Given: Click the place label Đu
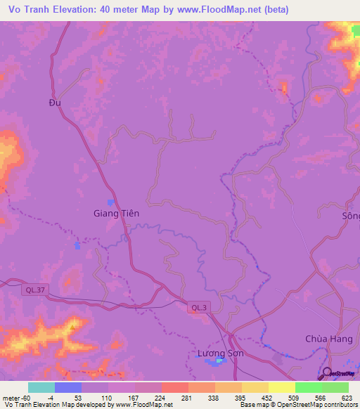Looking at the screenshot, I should click(56, 102).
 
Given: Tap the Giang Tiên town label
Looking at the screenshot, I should click(117, 213).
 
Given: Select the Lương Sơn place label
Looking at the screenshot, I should click(220, 353).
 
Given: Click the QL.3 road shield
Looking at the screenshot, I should click(199, 306).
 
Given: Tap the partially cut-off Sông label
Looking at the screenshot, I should click(350, 216).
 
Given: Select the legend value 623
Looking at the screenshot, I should click(346, 397).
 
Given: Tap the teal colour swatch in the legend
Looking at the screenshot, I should click(41, 387).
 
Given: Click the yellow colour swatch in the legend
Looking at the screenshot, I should click(281, 387).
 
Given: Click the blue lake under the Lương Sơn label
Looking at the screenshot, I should click(220, 361).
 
